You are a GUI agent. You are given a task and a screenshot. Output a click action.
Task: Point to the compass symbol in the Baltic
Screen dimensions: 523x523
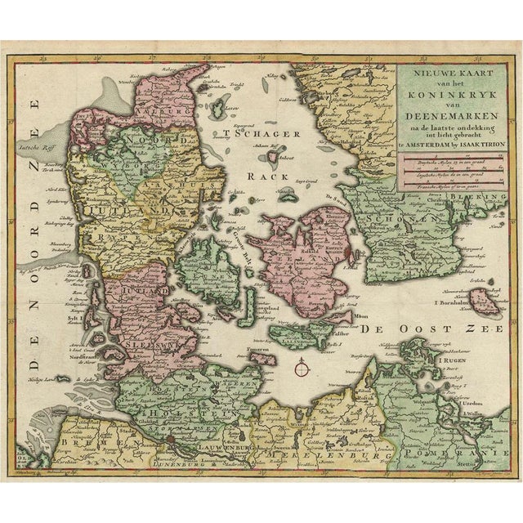[302, 370]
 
